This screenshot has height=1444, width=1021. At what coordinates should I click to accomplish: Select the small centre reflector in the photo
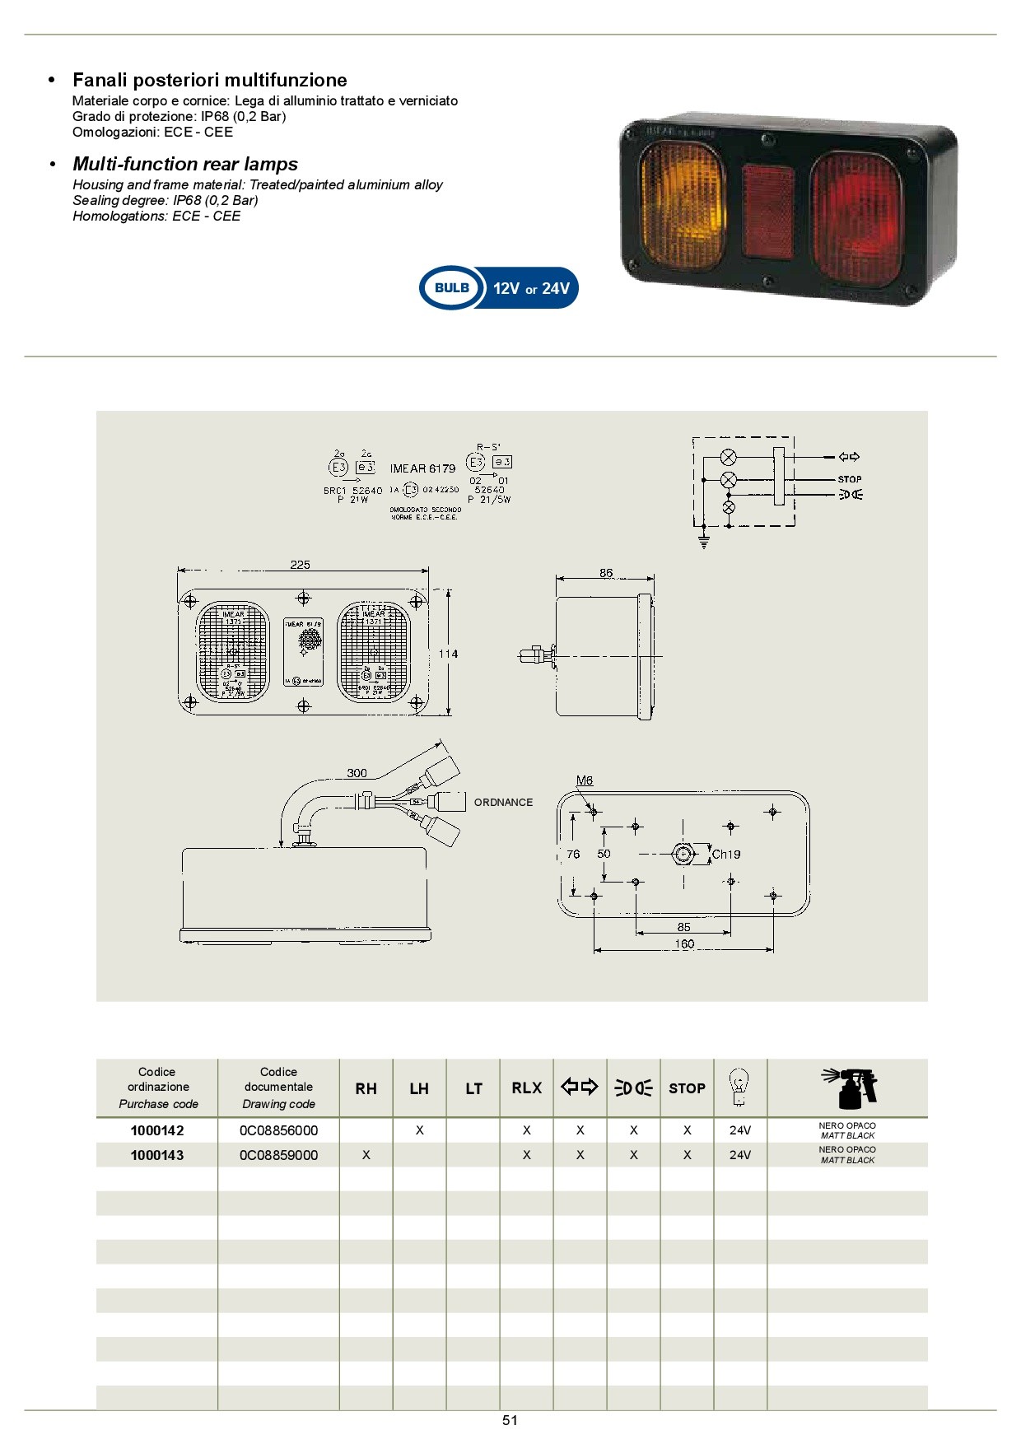point(768,210)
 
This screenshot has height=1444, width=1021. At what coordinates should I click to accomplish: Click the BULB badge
point(451,288)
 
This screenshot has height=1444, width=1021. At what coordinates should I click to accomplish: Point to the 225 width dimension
point(301,565)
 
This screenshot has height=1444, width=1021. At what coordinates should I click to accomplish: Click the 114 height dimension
point(448,654)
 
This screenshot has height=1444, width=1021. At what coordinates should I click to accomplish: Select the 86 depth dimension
point(606,573)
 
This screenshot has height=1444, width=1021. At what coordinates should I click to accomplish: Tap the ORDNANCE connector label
point(503,802)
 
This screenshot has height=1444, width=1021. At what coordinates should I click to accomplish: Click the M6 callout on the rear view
point(585,780)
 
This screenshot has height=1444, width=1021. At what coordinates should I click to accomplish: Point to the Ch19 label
point(726,855)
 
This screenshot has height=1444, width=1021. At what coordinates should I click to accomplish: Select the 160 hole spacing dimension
point(684,944)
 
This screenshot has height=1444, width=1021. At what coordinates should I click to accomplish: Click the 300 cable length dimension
point(357,773)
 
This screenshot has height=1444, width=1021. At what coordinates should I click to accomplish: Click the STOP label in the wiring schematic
point(850,479)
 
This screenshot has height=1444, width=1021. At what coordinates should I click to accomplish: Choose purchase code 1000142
point(157,1130)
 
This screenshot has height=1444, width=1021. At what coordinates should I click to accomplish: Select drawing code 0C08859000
point(278,1155)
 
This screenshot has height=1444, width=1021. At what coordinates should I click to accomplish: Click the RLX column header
point(527,1088)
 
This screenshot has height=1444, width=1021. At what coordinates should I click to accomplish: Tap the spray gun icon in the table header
point(850,1088)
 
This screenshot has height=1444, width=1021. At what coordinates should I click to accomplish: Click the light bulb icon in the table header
point(739,1088)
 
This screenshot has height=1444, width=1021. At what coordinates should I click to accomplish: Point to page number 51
point(510,1420)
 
